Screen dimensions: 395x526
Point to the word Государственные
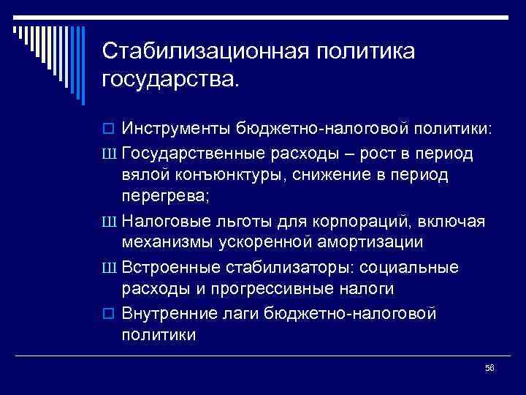(x=194, y=154)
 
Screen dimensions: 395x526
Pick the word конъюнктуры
(x=229, y=176)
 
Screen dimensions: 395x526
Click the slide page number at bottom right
(x=489, y=369)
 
